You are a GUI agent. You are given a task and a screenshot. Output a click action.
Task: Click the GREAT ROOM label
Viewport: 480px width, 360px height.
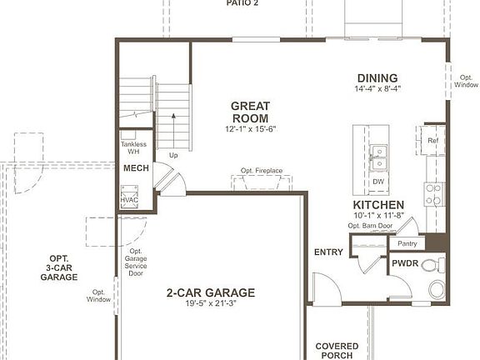(x=249, y=112)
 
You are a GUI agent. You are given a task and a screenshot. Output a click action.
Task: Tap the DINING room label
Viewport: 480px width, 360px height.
(x=372, y=77)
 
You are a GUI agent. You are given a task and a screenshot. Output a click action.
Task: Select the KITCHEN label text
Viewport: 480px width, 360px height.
(x=378, y=205)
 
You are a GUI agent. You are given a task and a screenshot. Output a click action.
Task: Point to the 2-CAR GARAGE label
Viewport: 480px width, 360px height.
(x=210, y=292)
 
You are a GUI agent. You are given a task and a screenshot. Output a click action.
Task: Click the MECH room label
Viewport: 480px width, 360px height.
(x=136, y=168)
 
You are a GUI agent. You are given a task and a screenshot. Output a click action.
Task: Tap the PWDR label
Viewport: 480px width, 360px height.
(x=404, y=263)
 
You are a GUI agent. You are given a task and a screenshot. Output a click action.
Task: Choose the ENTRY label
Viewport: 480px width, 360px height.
(x=328, y=252)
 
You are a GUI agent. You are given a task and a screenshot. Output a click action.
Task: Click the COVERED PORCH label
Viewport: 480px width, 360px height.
(x=337, y=351)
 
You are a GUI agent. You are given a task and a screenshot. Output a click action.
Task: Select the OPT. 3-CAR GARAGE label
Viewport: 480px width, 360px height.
(x=58, y=267)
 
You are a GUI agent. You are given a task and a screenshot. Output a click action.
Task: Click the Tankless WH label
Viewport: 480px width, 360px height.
(x=133, y=148)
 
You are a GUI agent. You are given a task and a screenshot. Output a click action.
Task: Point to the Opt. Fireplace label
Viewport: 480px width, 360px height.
(x=261, y=171)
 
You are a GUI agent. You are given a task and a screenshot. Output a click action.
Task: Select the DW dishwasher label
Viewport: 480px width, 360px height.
(x=378, y=182)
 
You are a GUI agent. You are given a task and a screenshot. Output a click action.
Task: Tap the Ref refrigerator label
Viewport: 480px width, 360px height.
(x=432, y=141)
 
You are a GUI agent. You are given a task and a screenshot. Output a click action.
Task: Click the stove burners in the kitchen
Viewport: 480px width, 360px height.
(x=433, y=194)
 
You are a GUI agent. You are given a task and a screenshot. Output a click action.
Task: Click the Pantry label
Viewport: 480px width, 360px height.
(x=407, y=243)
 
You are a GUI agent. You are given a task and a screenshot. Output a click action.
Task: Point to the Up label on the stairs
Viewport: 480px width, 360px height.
(x=173, y=156)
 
